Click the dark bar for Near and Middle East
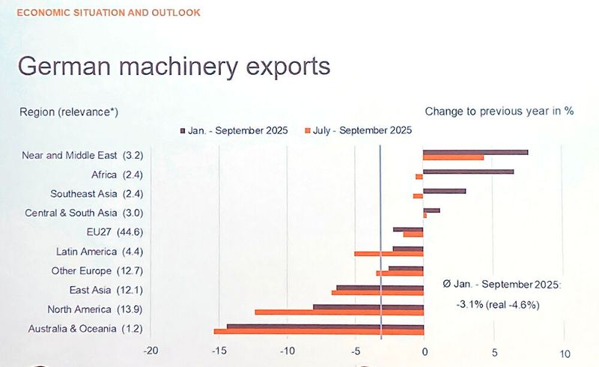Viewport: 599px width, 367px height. coord(475,152)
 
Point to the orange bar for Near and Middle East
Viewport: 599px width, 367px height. coord(453,158)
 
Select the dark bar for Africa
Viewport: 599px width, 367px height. coord(468,172)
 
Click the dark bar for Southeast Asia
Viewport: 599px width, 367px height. coord(444,191)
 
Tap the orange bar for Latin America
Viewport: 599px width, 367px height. coord(389,254)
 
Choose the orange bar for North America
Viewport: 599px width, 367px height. coord(339,312)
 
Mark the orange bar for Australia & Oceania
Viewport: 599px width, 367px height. coord(319,331)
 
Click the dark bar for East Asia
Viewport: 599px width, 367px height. coord(380,287)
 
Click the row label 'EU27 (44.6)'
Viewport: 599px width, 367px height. coord(115,232)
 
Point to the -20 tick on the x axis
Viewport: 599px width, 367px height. coord(150,353)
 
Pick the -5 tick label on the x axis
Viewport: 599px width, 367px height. coord(356,353)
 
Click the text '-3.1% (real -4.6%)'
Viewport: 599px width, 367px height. coord(498,305)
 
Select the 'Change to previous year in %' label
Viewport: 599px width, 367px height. coord(499,111)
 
